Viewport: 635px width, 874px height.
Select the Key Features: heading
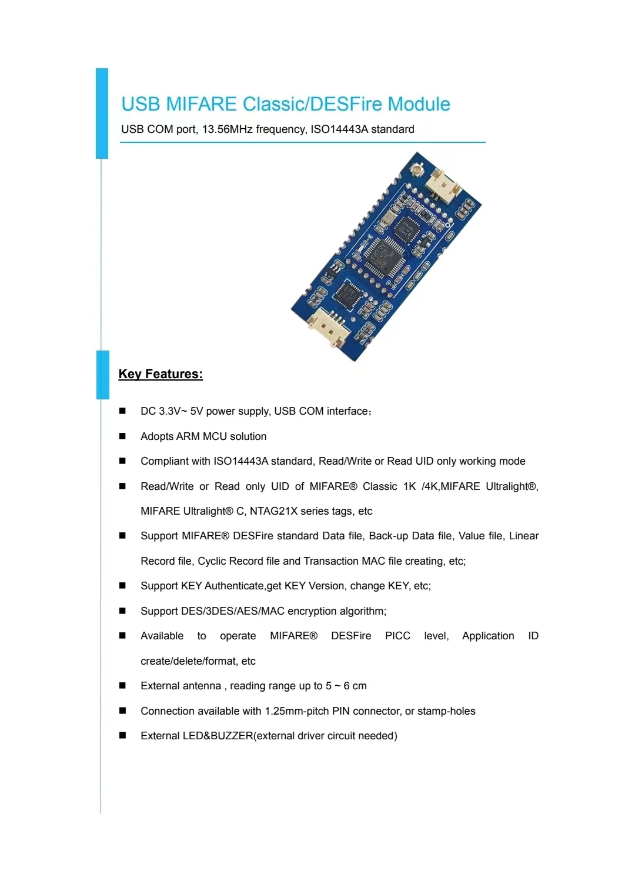click(161, 374)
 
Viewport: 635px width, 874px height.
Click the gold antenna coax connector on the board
click(417, 171)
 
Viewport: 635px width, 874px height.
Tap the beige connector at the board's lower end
click(326, 328)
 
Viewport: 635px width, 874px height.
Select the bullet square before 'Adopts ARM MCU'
click(122, 436)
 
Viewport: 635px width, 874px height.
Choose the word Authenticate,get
click(243, 586)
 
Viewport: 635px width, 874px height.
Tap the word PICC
click(397, 636)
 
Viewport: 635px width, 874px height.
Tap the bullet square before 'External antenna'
click(122, 686)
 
